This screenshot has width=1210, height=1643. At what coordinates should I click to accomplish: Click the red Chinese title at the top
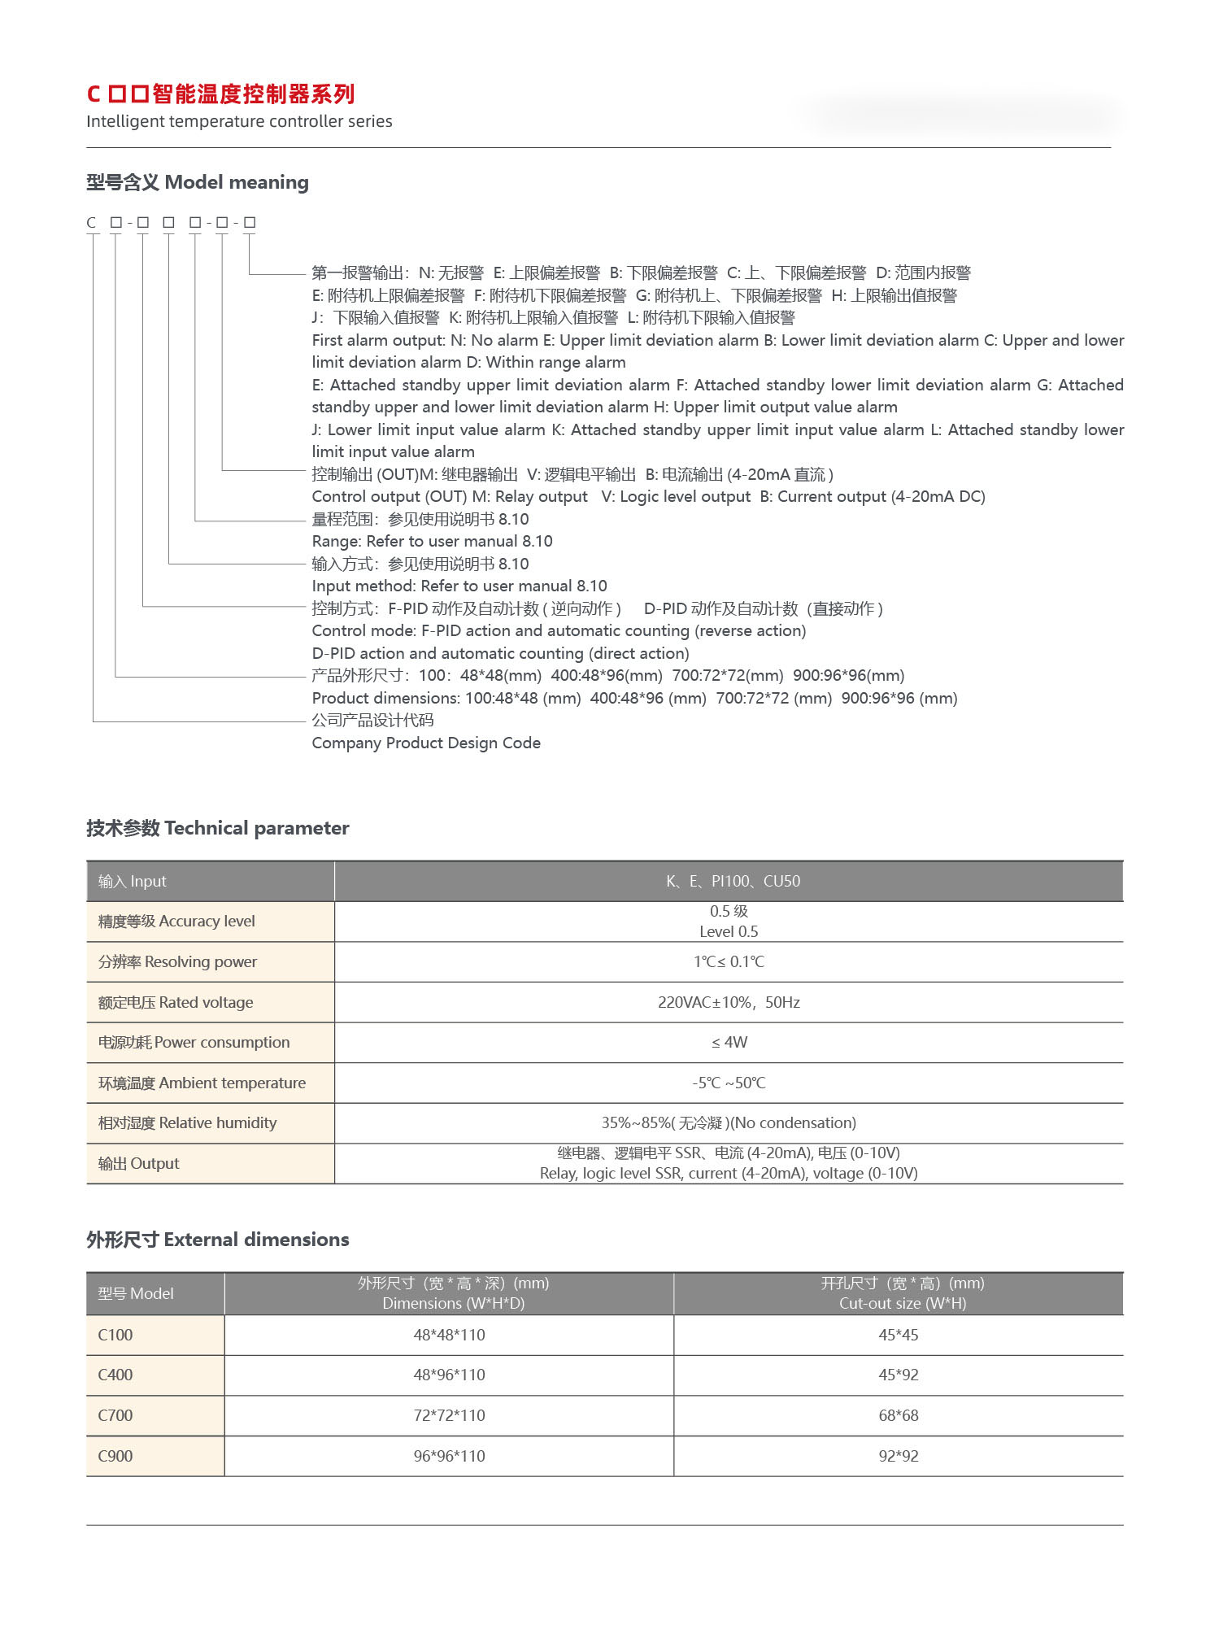(x=220, y=94)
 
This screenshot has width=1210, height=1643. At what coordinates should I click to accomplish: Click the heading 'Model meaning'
(x=198, y=182)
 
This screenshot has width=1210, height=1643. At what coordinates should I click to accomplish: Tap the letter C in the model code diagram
(x=91, y=223)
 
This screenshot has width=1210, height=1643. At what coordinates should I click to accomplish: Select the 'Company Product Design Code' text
(x=426, y=743)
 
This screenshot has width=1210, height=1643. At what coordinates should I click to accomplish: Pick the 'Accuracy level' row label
(x=176, y=922)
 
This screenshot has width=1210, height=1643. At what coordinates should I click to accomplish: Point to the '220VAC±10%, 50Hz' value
(x=729, y=1002)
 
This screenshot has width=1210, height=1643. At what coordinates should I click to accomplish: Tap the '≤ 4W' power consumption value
(x=729, y=1042)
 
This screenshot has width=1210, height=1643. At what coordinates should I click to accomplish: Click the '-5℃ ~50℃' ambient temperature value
(x=729, y=1083)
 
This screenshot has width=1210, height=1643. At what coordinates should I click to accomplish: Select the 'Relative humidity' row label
(x=187, y=1122)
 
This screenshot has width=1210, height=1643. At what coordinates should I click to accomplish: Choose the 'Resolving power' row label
(x=177, y=961)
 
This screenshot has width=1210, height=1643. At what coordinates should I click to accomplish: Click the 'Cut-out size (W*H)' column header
(x=902, y=1303)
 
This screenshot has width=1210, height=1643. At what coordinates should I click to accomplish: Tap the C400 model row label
(x=115, y=1375)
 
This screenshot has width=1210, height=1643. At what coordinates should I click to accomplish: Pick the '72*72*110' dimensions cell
(x=449, y=1415)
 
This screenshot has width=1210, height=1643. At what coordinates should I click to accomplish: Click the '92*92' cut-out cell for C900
(x=898, y=1456)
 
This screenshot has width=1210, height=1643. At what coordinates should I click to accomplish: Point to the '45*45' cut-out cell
(x=898, y=1335)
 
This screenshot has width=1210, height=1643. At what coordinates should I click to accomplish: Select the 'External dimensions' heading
(x=217, y=1240)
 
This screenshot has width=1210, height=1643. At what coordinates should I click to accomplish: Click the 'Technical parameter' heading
(x=217, y=828)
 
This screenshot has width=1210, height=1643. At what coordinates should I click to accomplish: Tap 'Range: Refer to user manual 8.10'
(x=432, y=542)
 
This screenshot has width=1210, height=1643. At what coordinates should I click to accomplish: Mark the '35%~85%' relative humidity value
(x=729, y=1122)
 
